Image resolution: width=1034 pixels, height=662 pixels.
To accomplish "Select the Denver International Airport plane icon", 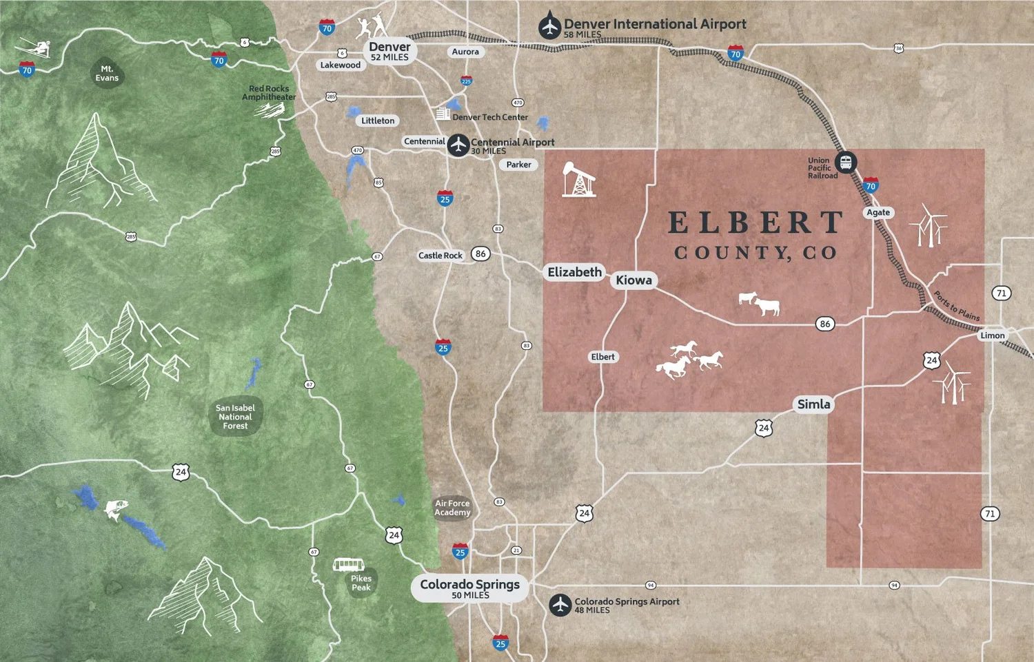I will [x=549, y=27].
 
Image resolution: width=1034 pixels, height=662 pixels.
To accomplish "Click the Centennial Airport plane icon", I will [x=458, y=145].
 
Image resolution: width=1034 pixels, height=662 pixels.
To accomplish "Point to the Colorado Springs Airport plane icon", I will [x=560, y=605].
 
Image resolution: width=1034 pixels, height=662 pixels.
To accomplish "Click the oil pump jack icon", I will [x=578, y=180].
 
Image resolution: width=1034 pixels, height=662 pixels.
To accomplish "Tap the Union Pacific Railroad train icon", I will [x=846, y=163].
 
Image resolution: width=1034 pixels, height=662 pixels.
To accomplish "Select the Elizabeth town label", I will [x=574, y=272].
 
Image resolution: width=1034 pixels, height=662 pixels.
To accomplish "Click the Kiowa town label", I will [x=633, y=280].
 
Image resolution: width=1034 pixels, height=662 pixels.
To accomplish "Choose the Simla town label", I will [x=813, y=404].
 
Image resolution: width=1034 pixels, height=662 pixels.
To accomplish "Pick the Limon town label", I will [x=992, y=335].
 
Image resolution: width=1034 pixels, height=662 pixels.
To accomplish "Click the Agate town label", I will [x=878, y=212].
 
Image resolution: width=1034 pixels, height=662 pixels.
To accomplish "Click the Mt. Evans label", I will [x=107, y=73].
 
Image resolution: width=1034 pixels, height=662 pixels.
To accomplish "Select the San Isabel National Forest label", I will [x=235, y=417].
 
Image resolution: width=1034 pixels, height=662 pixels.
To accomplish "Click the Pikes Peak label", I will [x=361, y=583].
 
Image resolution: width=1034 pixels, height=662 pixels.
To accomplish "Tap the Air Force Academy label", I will [x=452, y=508].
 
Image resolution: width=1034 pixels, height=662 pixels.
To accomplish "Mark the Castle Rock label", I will [x=440, y=256].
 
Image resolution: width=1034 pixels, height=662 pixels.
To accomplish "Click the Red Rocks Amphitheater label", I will [x=269, y=93].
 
